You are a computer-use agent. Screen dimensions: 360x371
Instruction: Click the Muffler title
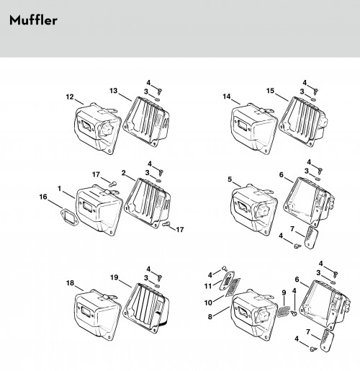coord(33,20)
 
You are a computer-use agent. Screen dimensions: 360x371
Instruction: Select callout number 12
coord(70,97)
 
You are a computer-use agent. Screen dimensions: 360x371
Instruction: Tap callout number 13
coord(114,91)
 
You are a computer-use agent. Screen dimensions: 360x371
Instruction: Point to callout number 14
coord(227,97)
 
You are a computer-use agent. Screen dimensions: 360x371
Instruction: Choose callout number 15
coord(270,91)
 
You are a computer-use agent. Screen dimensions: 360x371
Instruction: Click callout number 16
coord(43,197)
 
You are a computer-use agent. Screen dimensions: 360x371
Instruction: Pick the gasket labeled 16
coord(69,218)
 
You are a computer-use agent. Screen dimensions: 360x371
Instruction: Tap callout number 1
coord(59,189)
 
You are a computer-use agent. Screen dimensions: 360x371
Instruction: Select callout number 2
coord(124,173)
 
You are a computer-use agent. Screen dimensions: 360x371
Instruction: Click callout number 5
coord(230,179)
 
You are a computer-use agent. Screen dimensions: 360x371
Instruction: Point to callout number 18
coord(70,283)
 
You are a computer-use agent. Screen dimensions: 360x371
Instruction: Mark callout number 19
coord(114,277)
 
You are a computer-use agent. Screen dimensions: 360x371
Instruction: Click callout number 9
coord(284,292)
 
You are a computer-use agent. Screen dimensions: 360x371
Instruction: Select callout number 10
coord(208,303)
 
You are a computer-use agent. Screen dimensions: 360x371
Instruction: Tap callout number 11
coord(208,286)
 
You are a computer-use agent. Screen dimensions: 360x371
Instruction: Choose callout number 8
coord(210,317)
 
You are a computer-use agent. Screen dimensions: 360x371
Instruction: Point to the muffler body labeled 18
coord(97,315)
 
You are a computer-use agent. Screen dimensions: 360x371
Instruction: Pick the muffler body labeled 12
coord(97,128)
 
